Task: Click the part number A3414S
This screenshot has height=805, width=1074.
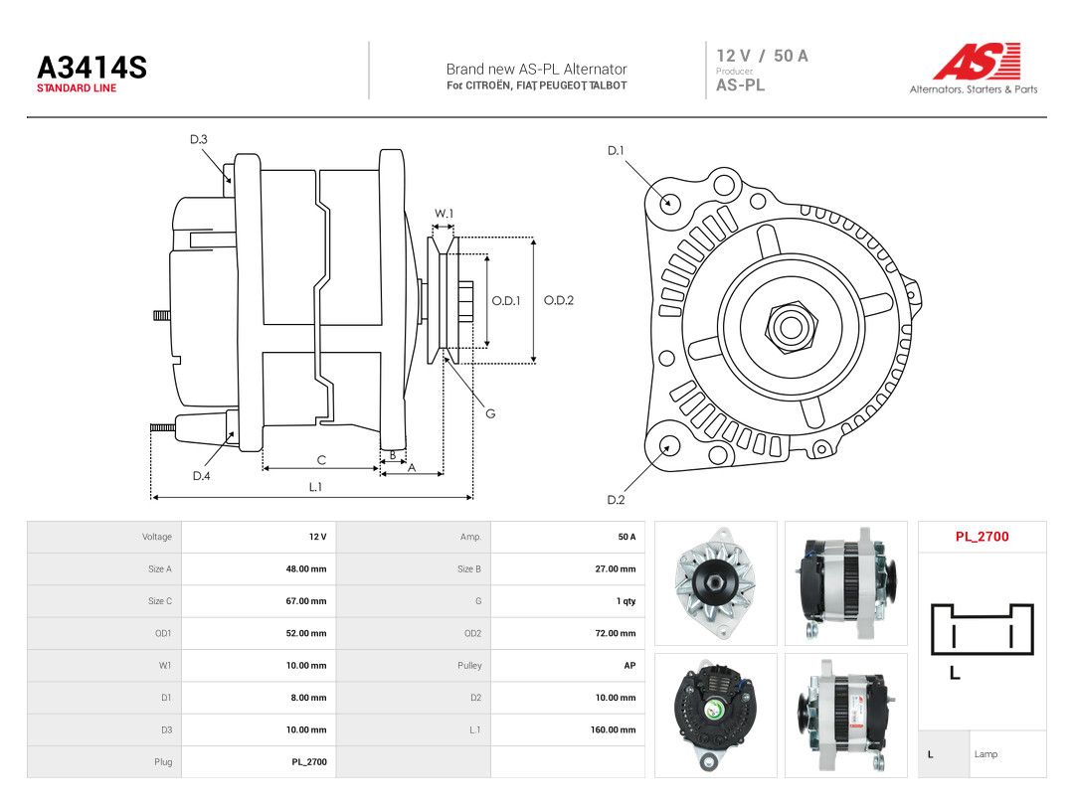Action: (91, 68)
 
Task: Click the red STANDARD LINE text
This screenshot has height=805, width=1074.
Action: (77, 88)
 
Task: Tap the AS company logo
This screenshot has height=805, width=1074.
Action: (978, 61)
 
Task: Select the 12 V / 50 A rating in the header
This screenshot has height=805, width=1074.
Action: (763, 56)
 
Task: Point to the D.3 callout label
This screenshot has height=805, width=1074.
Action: (199, 140)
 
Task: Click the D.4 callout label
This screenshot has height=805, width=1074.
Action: (201, 476)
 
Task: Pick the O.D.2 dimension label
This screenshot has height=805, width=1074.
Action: (558, 300)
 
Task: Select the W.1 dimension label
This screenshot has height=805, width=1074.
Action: (444, 214)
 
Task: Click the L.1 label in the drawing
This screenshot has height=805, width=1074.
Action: (315, 487)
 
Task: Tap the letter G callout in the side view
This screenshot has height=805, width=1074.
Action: (490, 413)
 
